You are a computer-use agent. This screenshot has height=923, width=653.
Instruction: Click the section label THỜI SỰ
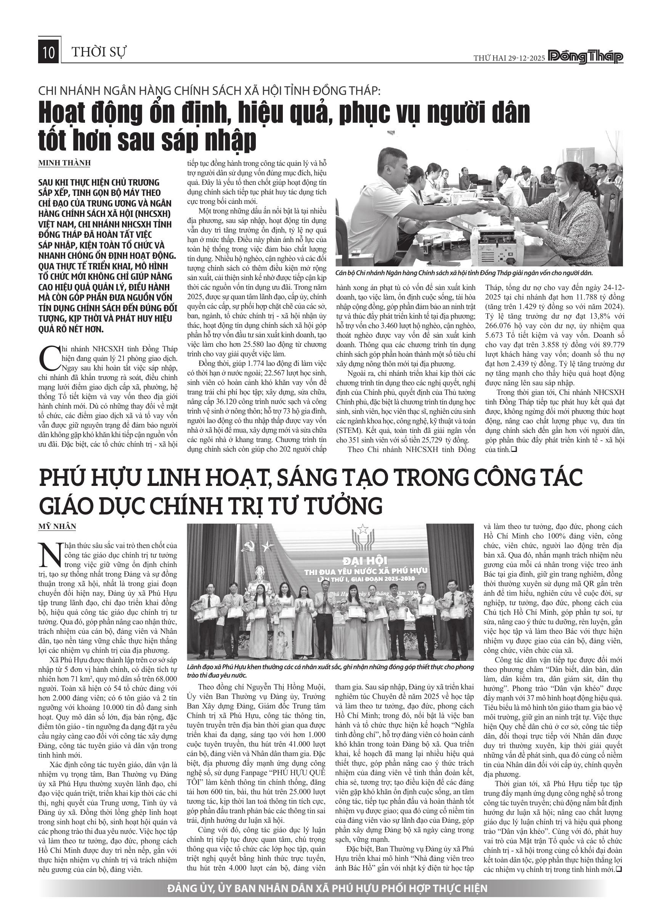[x=99, y=52]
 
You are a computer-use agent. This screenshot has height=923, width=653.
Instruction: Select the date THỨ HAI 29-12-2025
[x=509, y=58]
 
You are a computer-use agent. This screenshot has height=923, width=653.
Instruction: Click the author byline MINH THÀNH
[x=64, y=163]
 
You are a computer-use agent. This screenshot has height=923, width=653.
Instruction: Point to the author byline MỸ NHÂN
[x=57, y=526]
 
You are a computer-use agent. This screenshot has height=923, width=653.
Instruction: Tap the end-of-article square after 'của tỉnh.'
[x=513, y=449]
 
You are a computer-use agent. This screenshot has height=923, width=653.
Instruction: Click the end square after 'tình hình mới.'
[x=619, y=869]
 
